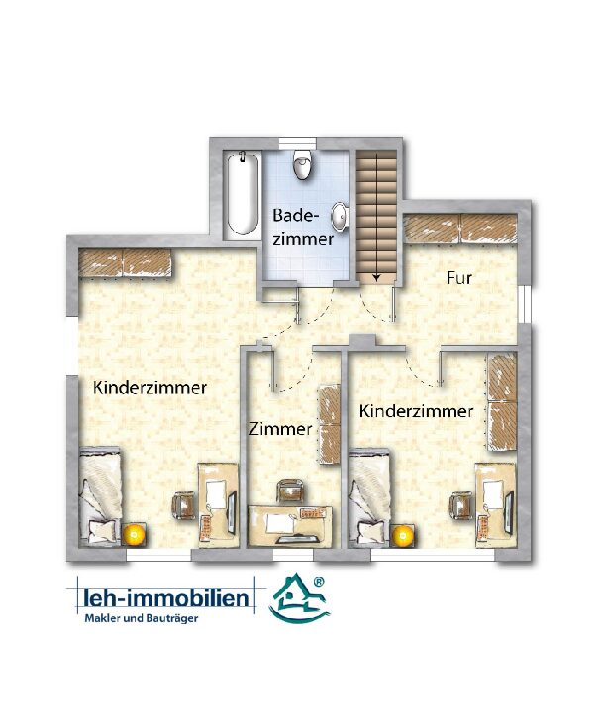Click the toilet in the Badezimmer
[x=301, y=164]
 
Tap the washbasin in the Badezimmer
[x=341, y=216]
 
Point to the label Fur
[x=459, y=278]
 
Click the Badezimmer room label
[x=303, y=227]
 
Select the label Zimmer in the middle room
[x=280, y=429]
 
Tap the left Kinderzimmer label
[x=149, y=387]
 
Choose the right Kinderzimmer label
[x=416, y=411]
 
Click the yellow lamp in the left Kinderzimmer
[x=134, y=534]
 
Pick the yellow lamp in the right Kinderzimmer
[x=403, y=535]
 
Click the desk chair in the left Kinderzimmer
[x=184, y=505]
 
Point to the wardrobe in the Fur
[x=460, y=228]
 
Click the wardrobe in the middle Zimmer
[x=329, y=424]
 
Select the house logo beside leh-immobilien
[x=299, y=598]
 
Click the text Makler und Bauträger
[x=142, y=619]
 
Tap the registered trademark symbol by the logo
[x=319, y=582]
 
